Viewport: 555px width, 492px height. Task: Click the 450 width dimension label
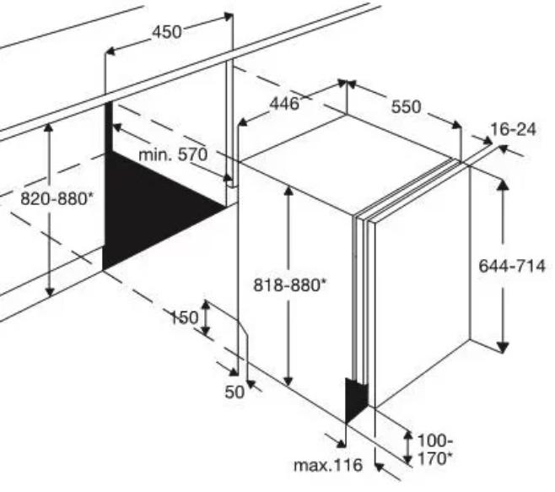(167, 32)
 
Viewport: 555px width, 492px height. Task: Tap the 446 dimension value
(284, 104)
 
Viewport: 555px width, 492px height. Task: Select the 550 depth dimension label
(406, 106)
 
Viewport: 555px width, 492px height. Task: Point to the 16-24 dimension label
(513, 129)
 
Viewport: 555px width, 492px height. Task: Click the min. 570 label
(173, 154)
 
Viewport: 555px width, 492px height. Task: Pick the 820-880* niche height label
(57, 198)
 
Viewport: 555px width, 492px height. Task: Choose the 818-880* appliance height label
(290, 284)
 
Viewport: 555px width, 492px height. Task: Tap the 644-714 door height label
(512, 266)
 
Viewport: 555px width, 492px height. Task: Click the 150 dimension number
(185, 317)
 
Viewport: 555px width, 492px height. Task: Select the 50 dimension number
(234, 392)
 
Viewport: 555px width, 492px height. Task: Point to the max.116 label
(328, 465)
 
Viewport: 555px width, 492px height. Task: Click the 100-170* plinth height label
(435, 450)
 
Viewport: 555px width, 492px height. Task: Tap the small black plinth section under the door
(357, 399)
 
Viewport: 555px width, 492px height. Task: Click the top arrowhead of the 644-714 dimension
(503, 185)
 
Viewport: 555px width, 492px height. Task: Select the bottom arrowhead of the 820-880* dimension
(50, 291)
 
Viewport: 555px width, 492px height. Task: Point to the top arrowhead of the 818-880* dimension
(288, 191)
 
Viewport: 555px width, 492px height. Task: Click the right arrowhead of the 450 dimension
(229, 16)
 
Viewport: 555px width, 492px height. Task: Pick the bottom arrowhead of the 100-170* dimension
(408, 459)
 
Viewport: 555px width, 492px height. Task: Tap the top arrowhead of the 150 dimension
(205, 305)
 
